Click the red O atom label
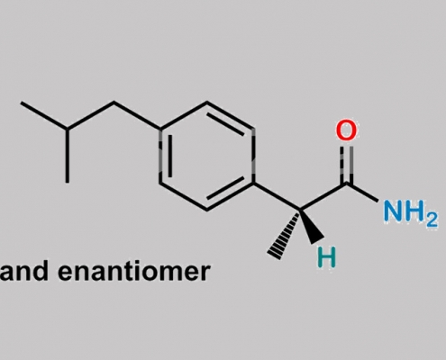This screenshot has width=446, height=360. (x=346, y=130)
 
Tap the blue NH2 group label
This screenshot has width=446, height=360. (x=411, y=212)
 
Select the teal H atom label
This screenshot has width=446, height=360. (x=326, y=257)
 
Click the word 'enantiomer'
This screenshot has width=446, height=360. (x=132, y=272)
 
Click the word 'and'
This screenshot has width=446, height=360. (x=24, y=271)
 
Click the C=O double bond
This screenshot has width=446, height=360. (x=346, y=165)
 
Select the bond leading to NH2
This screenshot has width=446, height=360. (x=362, y=192)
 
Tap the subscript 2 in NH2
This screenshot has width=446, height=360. (x=432, y=220)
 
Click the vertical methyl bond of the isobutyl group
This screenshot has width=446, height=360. (x=68, y=156)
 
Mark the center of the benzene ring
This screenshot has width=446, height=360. (x=206, y=156)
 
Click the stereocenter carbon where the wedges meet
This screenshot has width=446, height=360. (x=300, y=209)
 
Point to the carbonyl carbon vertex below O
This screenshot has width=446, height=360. (x=346, y=183)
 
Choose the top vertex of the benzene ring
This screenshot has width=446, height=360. (x=206, y=103)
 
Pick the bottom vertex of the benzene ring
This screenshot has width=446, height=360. (x=206, y=210)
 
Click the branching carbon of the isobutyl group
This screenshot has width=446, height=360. (x=68, y=129)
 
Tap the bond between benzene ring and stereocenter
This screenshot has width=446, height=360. (x=277, y=195)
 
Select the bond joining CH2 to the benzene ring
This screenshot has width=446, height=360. (x=138, y=116)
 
